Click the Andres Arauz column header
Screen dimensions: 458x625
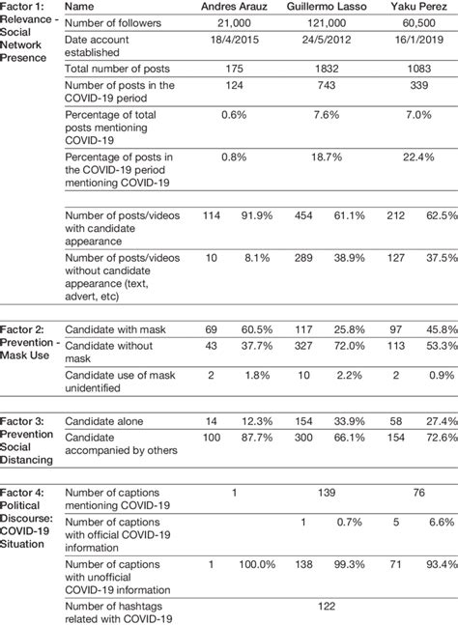pyautogui.click(x=234, y=9)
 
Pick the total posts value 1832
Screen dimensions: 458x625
pyautogui.click(x=331, y=72)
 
